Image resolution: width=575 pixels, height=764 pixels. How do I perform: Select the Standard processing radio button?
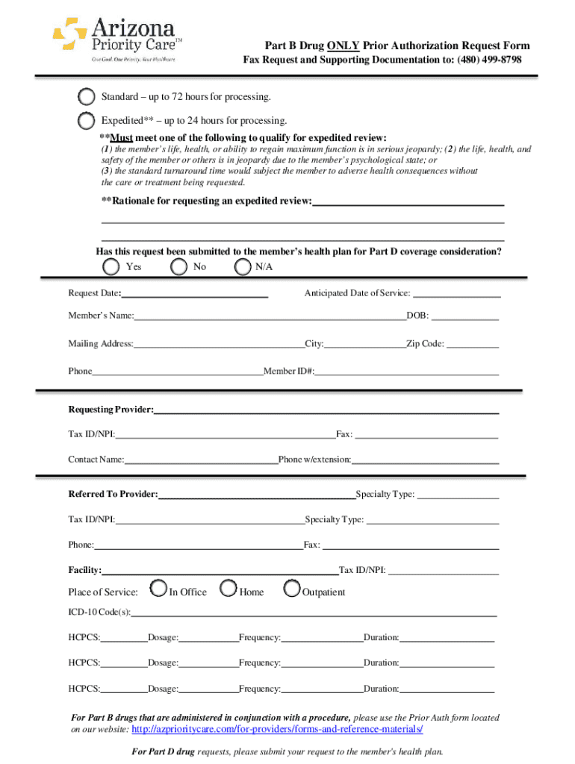(87, 97)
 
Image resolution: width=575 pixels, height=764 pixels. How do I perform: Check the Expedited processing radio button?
(87, 120)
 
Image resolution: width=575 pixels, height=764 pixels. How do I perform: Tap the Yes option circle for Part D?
(111, 266)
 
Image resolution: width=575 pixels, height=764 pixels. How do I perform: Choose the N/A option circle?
(243, 266)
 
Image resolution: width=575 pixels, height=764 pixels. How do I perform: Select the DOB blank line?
(464, 317)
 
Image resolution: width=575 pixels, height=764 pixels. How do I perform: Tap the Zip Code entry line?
(473, 345)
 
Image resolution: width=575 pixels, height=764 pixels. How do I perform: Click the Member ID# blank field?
(407, 372)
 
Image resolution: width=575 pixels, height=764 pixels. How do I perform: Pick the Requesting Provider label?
(111, 410)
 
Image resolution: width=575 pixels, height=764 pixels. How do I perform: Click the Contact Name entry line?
(201, 460)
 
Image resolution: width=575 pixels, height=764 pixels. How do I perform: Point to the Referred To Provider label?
(113, 494)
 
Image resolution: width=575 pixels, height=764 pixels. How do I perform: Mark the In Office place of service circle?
(158, 589)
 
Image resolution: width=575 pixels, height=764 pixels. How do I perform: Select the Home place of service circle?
(229, 589)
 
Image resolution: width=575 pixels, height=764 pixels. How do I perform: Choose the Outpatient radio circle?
(292, 589)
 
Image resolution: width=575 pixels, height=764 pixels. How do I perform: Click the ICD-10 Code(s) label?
(100, 613)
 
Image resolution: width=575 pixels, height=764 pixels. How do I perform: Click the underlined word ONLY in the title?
(343, 46)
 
